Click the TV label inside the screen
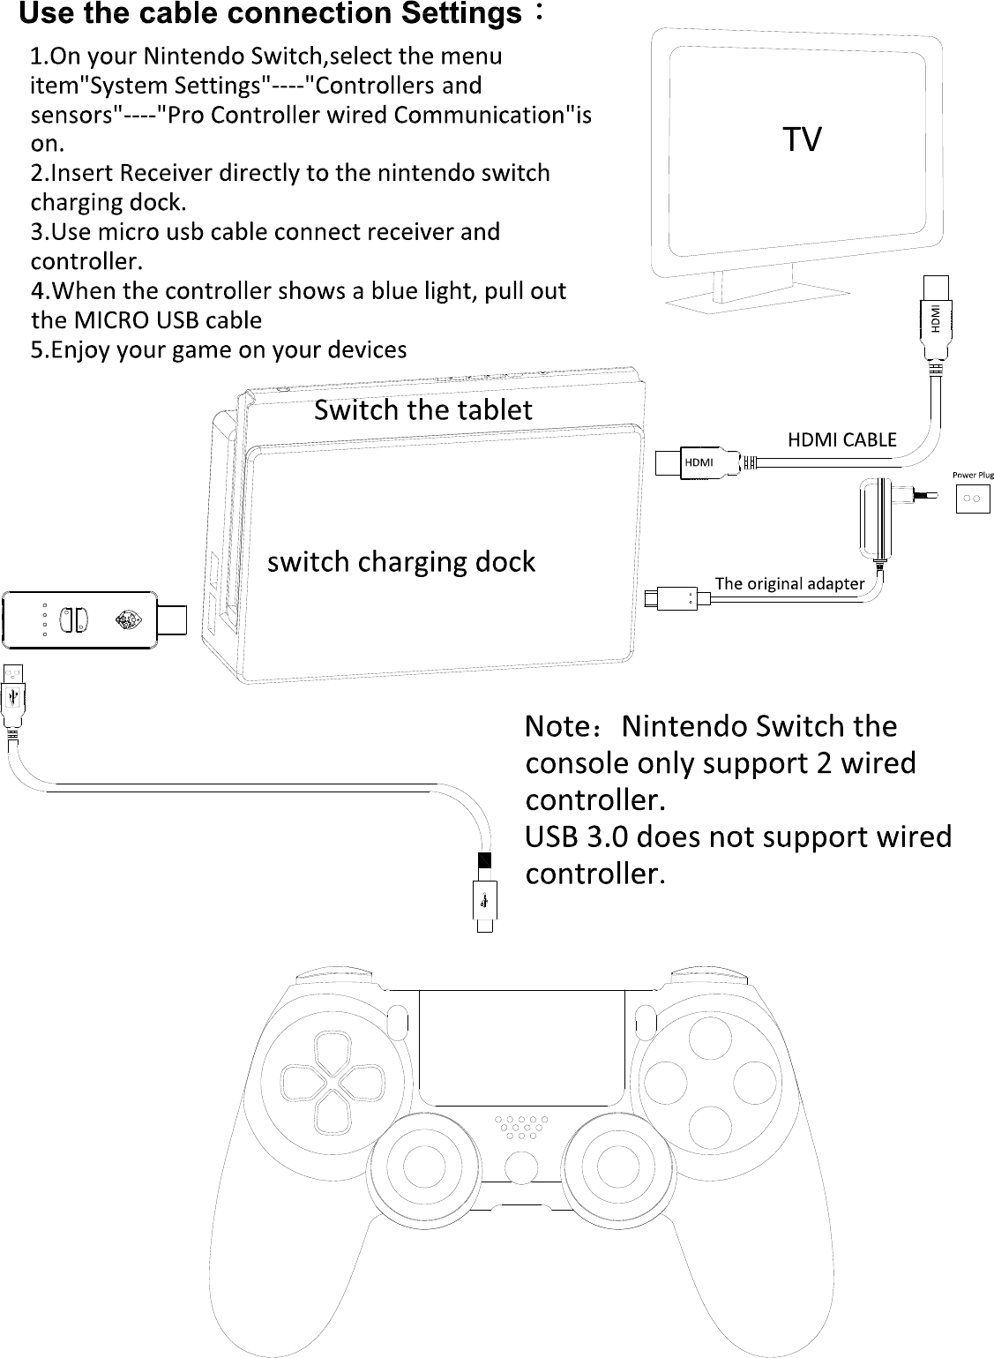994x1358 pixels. (x=802, y=139)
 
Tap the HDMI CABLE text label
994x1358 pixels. (x=841, y=439)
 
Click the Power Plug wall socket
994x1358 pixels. (x=974, y=498)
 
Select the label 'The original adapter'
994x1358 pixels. (x=789, y=583)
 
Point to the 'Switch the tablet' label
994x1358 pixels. (x=423, y=410)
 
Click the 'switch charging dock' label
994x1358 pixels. (x=401, y=562)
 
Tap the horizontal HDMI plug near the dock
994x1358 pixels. (x=697, y=462)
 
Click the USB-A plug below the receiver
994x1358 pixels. (x=13, y=694)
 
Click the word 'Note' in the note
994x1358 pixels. (x=555, y=726)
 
